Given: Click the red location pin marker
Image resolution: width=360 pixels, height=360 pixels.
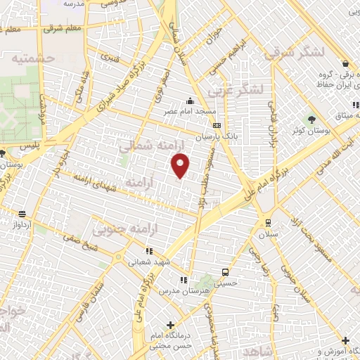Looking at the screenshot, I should tap(181, 166).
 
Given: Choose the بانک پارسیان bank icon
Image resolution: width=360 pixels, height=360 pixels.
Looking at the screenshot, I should tap(217, 126).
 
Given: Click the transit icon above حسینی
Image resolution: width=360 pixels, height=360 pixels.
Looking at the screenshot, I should tap(225, 271).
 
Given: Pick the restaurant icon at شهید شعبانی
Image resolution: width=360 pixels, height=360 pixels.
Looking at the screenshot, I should tap(148, 250).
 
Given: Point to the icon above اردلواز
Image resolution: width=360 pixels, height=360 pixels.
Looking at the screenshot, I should tap(22, 214).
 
